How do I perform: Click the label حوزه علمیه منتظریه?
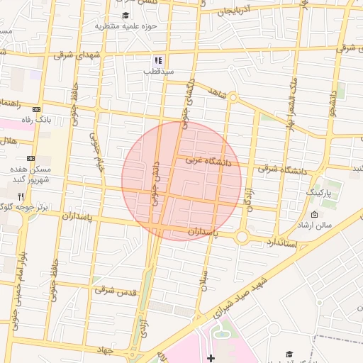tap(125, 27)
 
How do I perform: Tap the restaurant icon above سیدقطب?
tap(158, 60)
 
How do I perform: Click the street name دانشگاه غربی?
tap(208, 162)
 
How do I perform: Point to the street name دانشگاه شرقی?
tap(283, 169)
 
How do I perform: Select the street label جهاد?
tap(106, 350)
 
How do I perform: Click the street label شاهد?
tap(216, 93)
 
